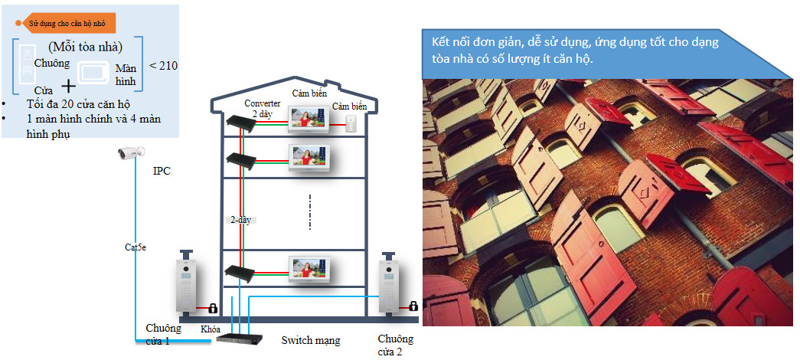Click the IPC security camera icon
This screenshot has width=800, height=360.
pyautogui.click(x=131, y=152)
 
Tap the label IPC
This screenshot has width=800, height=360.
pyautogui.click(x=162, y=171)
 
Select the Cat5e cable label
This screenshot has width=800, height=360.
pyautogui.click(x=136, y=247)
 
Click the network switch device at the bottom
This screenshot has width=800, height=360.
pyautogui.click(x=240, y=338)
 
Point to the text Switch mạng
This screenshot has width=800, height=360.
pyautogui.click(x=311, y=340)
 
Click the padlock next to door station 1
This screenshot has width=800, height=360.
pyautogui.click(x=213, y=308)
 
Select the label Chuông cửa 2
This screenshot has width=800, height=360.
pyautogui.click(x=396, y=345)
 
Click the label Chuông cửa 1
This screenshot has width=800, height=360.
pyautogui.click(x=163, y=335)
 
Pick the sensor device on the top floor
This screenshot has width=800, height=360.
pyautogui.click(x=351, y=123)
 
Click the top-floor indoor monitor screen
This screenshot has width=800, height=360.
pyautogui.click(x=309, y=119)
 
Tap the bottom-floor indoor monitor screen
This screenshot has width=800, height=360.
pyautogui.click(x=309, y=269)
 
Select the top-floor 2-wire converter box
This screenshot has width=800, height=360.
pyautogui.click(x=241, y=122)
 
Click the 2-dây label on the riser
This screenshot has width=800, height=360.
pyautogui.click(x=242, y=220)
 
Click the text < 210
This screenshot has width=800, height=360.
pyautogui.click(x=163, y=66)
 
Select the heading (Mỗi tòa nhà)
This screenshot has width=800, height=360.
pyautogui.click(x=85, y=47)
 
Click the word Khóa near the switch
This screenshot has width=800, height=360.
pyautogui.click(x=211, y=329)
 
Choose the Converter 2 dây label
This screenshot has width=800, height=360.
pyautogui.click(x=262, y=109)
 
